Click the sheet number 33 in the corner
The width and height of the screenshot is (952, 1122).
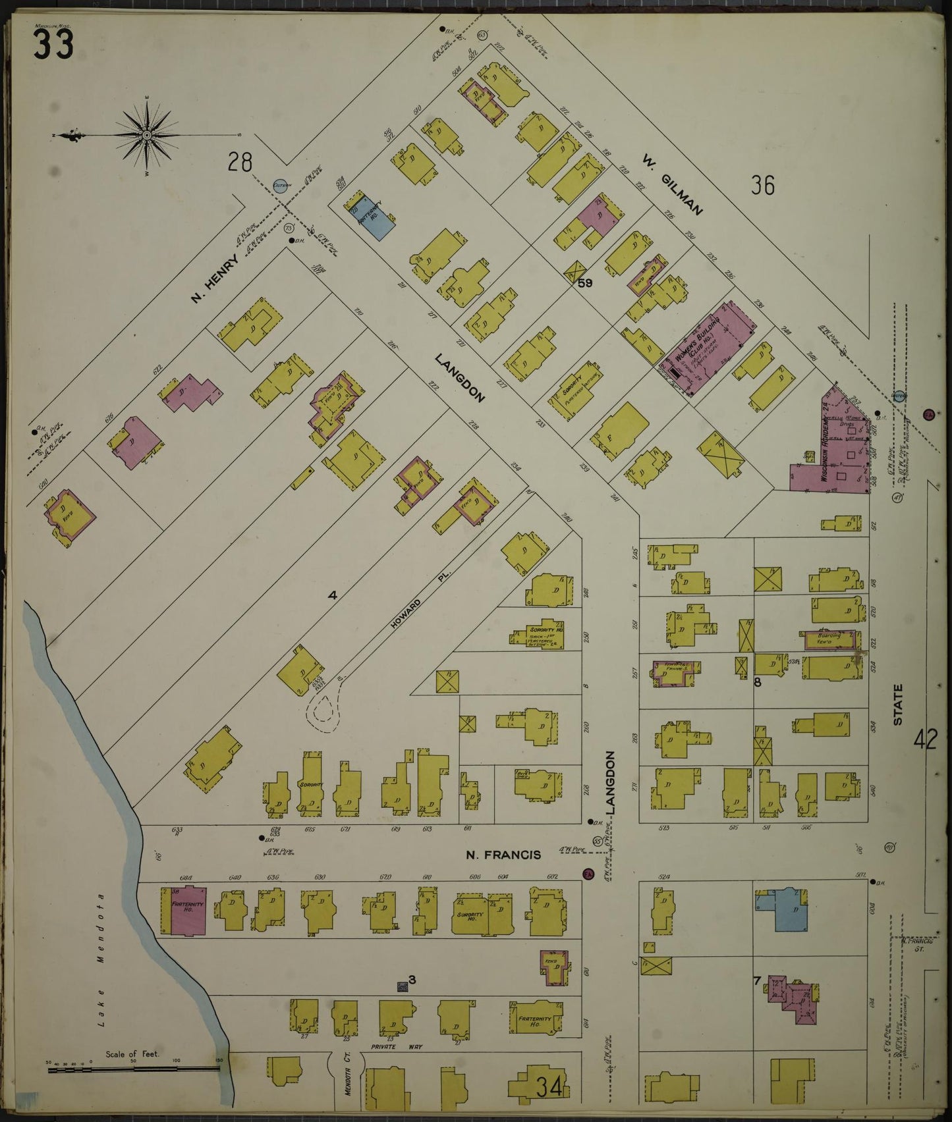click(54, 44)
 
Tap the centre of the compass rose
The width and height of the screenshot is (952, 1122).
click(148, 135)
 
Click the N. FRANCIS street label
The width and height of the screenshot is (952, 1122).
click(503, 855)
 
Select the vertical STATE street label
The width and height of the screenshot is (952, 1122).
click(898, 705)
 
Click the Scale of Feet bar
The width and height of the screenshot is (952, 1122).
click(132, 1070)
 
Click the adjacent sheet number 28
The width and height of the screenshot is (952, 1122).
click(240, 161)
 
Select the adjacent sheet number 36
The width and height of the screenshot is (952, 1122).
click(763, 186)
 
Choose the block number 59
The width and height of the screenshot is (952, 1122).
click(585, 283)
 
